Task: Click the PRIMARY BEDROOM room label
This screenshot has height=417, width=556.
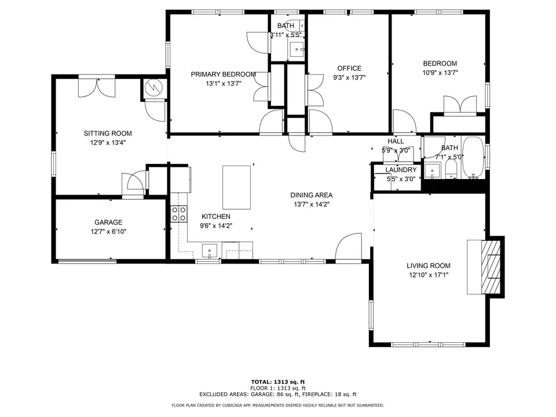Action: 224,75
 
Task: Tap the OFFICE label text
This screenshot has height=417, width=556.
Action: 349,68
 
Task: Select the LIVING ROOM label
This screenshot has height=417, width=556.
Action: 429,266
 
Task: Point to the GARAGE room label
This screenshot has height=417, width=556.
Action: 108,222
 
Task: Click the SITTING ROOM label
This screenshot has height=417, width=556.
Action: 108,133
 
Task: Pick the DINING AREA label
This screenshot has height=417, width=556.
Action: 312,195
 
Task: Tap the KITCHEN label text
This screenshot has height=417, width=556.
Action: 216,216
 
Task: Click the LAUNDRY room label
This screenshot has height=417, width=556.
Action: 401,170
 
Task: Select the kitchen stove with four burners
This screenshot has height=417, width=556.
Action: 179,214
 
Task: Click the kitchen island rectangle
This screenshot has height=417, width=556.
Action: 236,187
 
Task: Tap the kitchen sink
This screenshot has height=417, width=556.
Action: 210,251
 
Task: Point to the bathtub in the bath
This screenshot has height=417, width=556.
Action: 473,158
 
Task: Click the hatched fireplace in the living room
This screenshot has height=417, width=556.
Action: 491,267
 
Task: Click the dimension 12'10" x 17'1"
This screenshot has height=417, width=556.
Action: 429,275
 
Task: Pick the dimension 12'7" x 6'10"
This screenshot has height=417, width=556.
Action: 108,232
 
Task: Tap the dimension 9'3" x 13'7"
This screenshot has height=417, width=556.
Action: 349,78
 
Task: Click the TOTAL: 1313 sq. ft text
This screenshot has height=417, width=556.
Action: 278,382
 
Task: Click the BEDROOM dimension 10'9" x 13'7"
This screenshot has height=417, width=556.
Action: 440,73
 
